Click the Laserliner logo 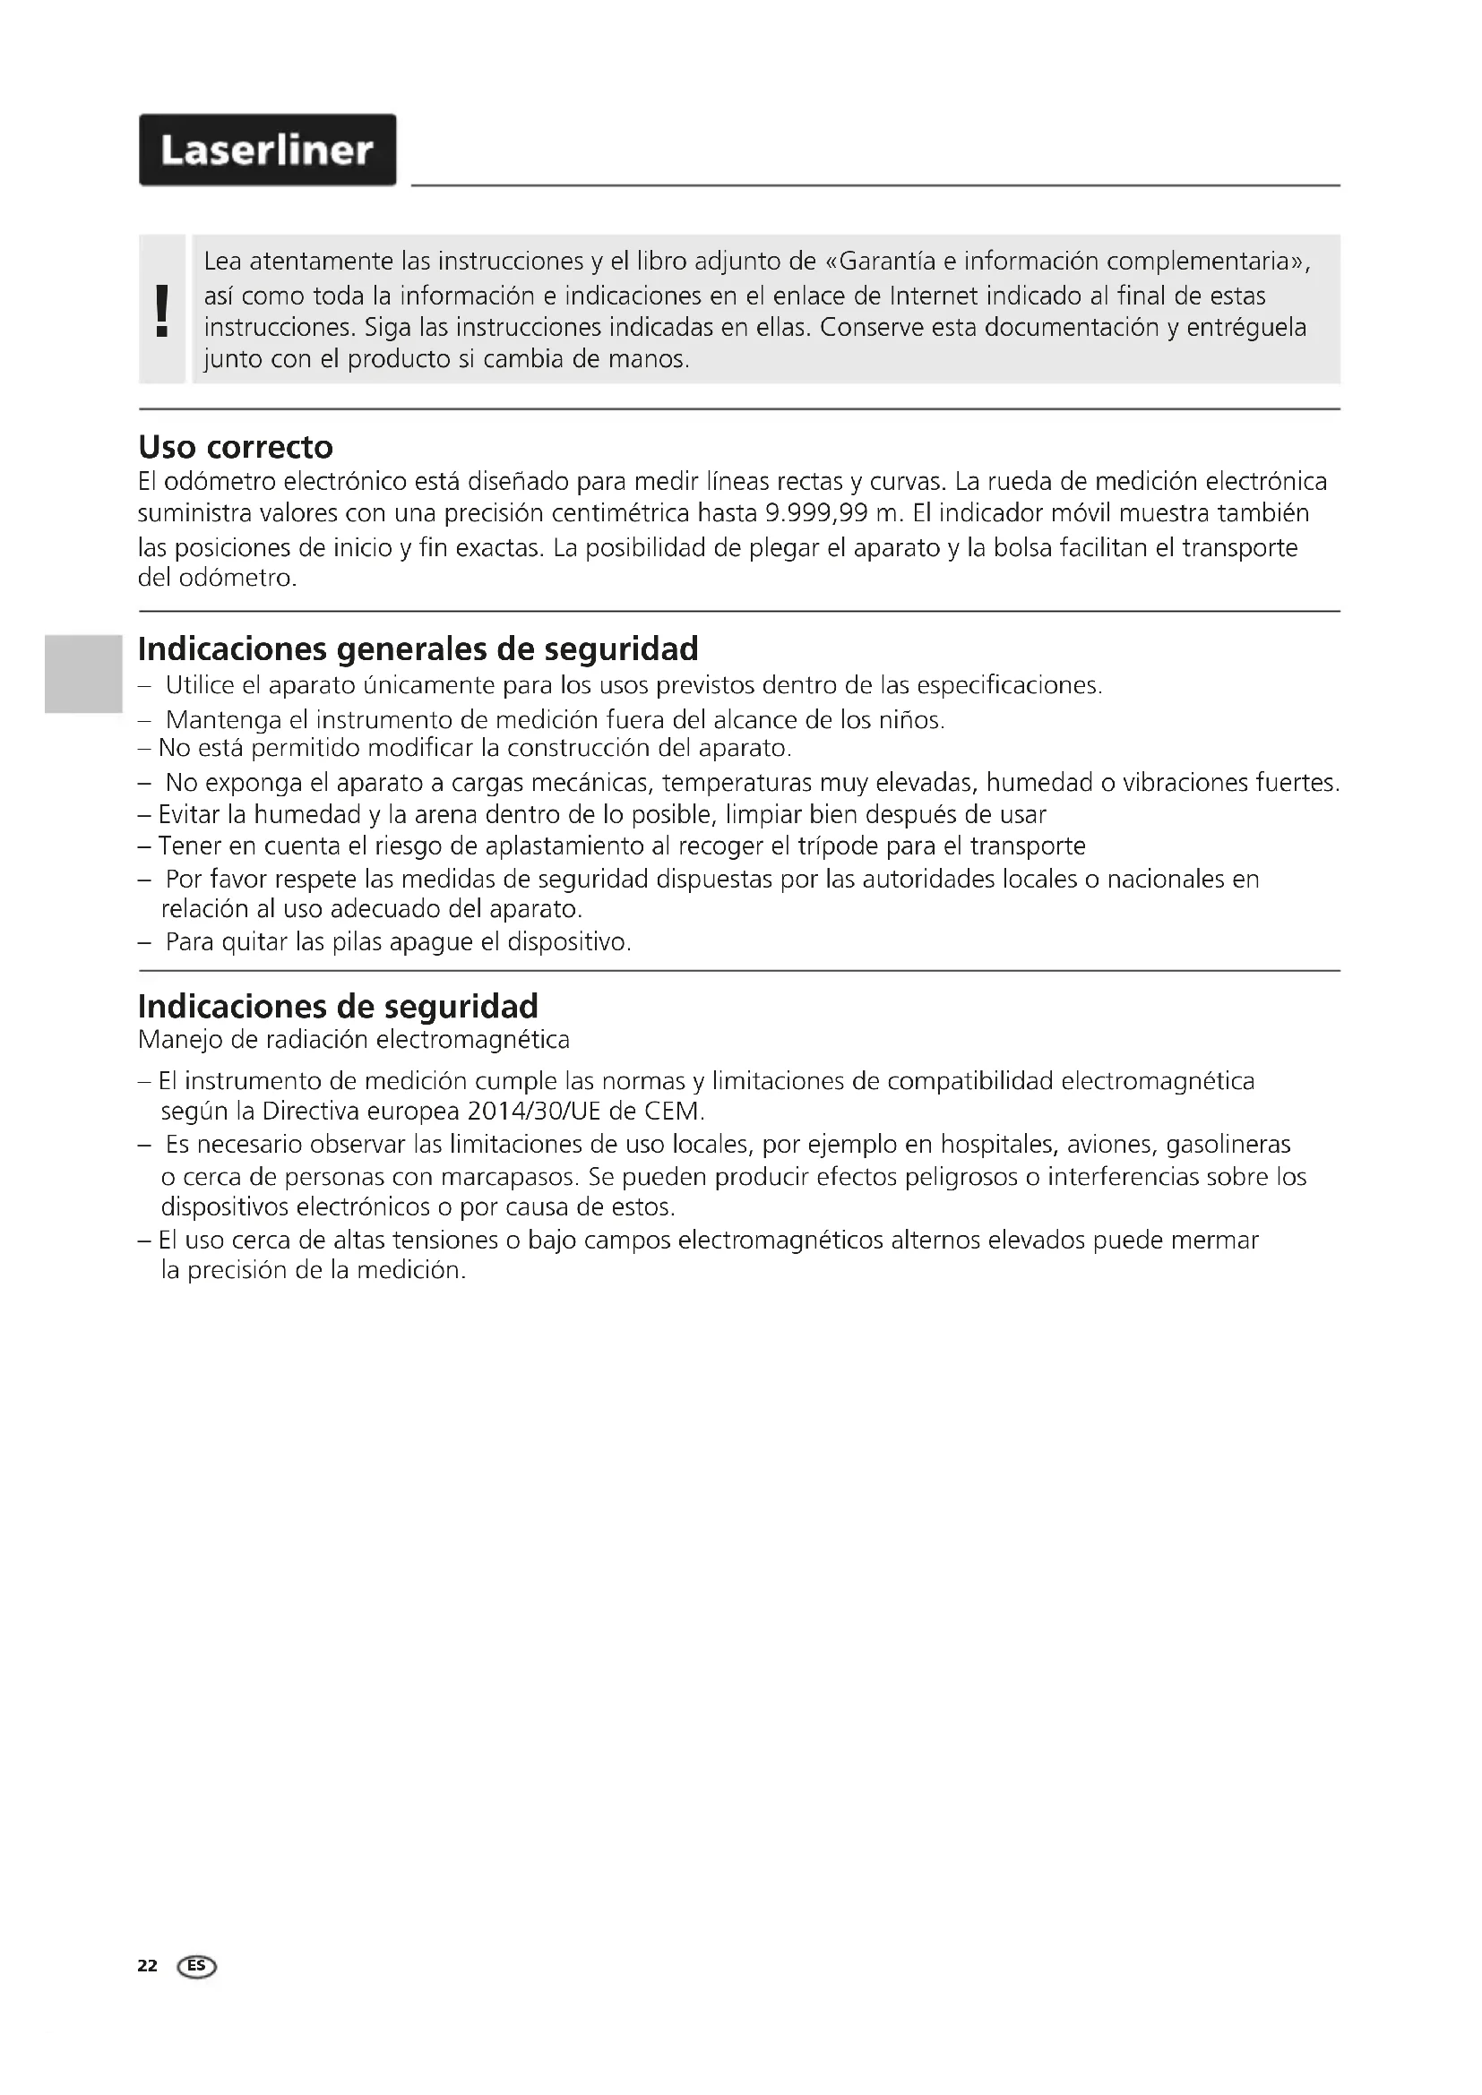[267, 150]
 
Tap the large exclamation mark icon [162, 310]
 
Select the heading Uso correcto [236, 447]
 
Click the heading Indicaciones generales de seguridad [418, 648]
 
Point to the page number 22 [147, 1965]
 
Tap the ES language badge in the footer [198, 1966]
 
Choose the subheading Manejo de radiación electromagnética [353, 1039]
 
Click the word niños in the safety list [909, 720]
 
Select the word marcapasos [516, 1176]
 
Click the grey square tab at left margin [82, 674]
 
